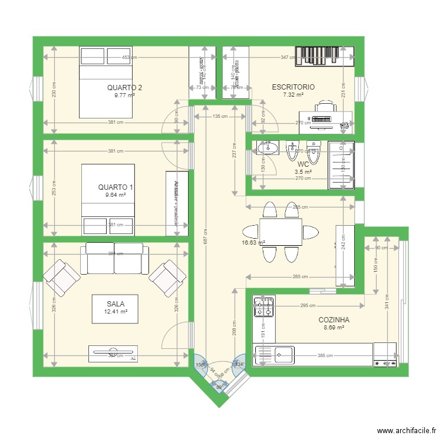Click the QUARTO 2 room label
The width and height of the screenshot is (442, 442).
(x=124, y=87)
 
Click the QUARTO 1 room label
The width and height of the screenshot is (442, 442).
(x=116, y=187)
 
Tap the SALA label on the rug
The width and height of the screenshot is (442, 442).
(x=116, y=304)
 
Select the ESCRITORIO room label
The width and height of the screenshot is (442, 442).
(x=293, y=87)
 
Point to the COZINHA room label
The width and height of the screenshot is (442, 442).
(x=334, y=320)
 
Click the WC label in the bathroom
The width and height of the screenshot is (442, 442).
(x=303, y=164)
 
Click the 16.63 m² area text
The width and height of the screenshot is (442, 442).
(x=253, y=242)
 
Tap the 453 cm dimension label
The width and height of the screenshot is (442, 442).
(x=130, y=58)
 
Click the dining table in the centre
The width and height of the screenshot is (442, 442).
(x=281, y=232)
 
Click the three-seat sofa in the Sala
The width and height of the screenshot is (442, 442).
(x=114, y=258)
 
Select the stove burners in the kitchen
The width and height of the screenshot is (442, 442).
(x=263, y=307)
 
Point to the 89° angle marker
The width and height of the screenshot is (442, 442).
(x=219, y=387)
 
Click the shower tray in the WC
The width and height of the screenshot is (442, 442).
(x=341, y=165)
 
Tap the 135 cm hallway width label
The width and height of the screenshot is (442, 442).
(x=220, y=117)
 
